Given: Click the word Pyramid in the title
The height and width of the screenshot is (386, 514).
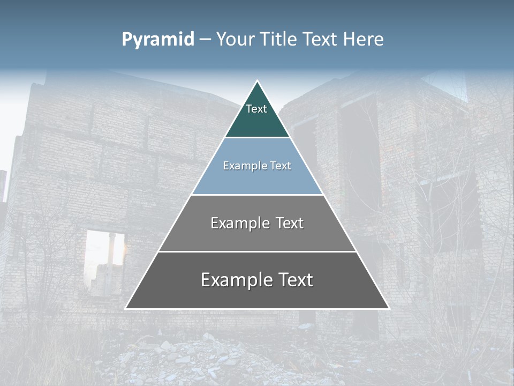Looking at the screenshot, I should tap(157, 40).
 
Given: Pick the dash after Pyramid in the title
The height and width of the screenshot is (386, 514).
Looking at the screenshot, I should tap(205, 40).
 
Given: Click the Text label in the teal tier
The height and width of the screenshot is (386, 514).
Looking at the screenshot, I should tap(256, 109).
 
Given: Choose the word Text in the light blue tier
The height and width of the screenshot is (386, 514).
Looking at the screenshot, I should tap(281, 166).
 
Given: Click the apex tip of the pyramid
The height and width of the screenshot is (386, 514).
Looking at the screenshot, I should tap(257, 81).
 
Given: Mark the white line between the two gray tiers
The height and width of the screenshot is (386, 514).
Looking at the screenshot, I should tap(257, 251).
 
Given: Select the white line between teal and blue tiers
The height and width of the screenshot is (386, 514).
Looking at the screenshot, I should tap(257, 138).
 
